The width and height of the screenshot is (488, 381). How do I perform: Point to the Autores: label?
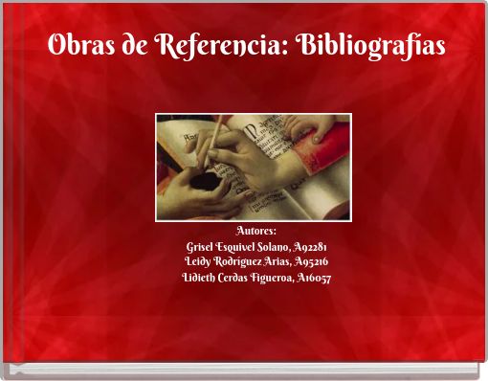(255, 231)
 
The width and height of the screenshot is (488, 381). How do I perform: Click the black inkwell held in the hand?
(202, 180)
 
